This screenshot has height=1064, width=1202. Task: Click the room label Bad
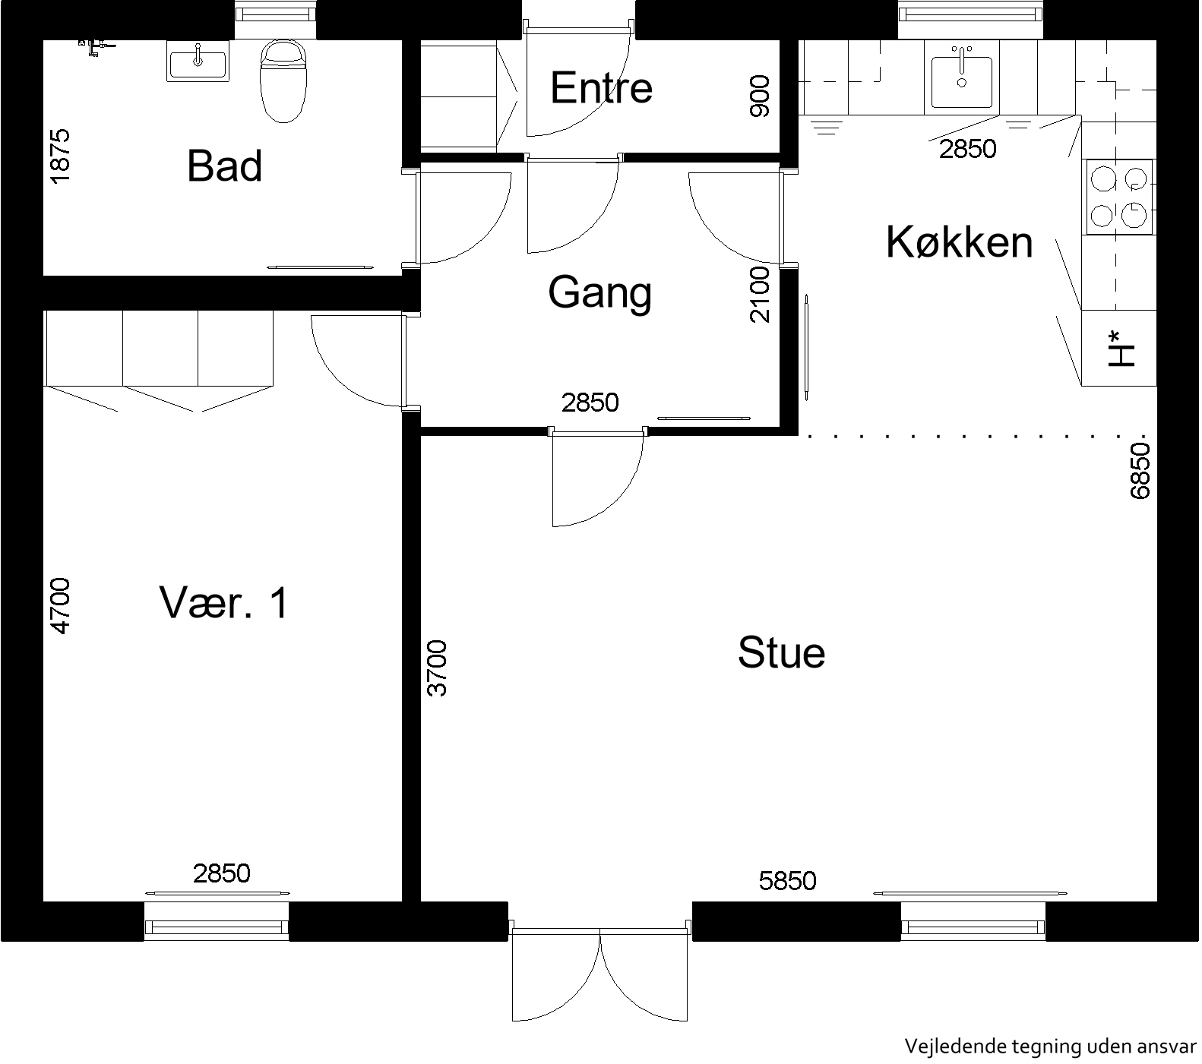[x=225, y=166]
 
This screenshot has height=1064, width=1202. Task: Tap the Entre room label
[x=601, y=87]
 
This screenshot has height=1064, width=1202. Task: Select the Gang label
[x=600, y=293]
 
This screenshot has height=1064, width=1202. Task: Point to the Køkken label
[x=960, y=242]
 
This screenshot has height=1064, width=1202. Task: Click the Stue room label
[x=781, y=652]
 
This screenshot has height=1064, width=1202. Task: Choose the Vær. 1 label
[x=224, y=603]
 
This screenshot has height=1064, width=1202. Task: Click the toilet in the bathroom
[x=283, y=81]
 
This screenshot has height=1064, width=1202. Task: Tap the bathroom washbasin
[x=198, y=61]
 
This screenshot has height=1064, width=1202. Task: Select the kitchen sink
[x=961, y=76]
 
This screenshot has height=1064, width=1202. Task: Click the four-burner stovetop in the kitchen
[x=1118, y=196]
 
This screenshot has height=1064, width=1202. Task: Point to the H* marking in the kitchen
[x=1121, y=349]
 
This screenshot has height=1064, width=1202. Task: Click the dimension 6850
[x=1140, y=472]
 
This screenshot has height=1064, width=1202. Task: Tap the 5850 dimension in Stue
[x=788, y=881]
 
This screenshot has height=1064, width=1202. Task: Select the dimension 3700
[x=437, y=668]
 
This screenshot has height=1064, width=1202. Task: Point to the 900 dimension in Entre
[x=759, y=96]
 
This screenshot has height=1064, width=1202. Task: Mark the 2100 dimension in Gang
[x=759, y=295]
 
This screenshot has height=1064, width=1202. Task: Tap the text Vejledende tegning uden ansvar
[x=1050, y=1047]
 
